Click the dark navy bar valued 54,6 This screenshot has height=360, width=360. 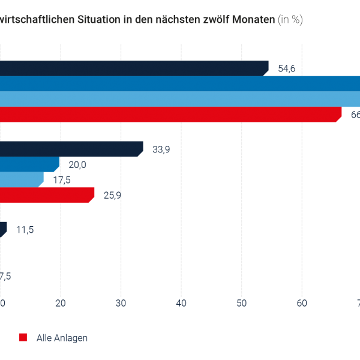(132, 68)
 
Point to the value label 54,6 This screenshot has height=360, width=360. (287, 68)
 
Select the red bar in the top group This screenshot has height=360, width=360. (168, 114)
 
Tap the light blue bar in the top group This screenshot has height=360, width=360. (180, 98)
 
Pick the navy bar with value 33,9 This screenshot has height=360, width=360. (71, 149)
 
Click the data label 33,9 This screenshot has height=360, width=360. (161, 149)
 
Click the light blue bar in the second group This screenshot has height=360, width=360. (21, 179)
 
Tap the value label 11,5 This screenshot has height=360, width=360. (25, 229)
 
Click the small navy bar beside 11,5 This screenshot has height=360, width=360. (3, 229)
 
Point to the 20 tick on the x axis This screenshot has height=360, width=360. (60, 304)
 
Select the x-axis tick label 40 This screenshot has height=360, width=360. (181, 304)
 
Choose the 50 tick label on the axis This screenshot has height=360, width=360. (241, 304)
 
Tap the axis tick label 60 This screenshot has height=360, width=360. (302, 304)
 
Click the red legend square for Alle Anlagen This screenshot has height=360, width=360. (23, 337)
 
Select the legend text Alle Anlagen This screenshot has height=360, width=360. (62, 338)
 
